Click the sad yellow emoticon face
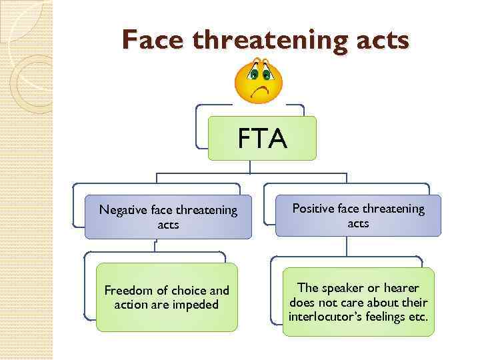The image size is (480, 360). (x=259, y=81)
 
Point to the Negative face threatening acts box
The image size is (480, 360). (x=168, y=217)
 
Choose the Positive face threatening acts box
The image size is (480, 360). (x=358, y=215)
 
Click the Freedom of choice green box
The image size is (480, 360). (x=167, y=297)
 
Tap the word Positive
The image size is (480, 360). (x=314, y=209)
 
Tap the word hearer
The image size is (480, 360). (x=402, y=287)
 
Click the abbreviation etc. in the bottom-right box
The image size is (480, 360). (x=418, y=315)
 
